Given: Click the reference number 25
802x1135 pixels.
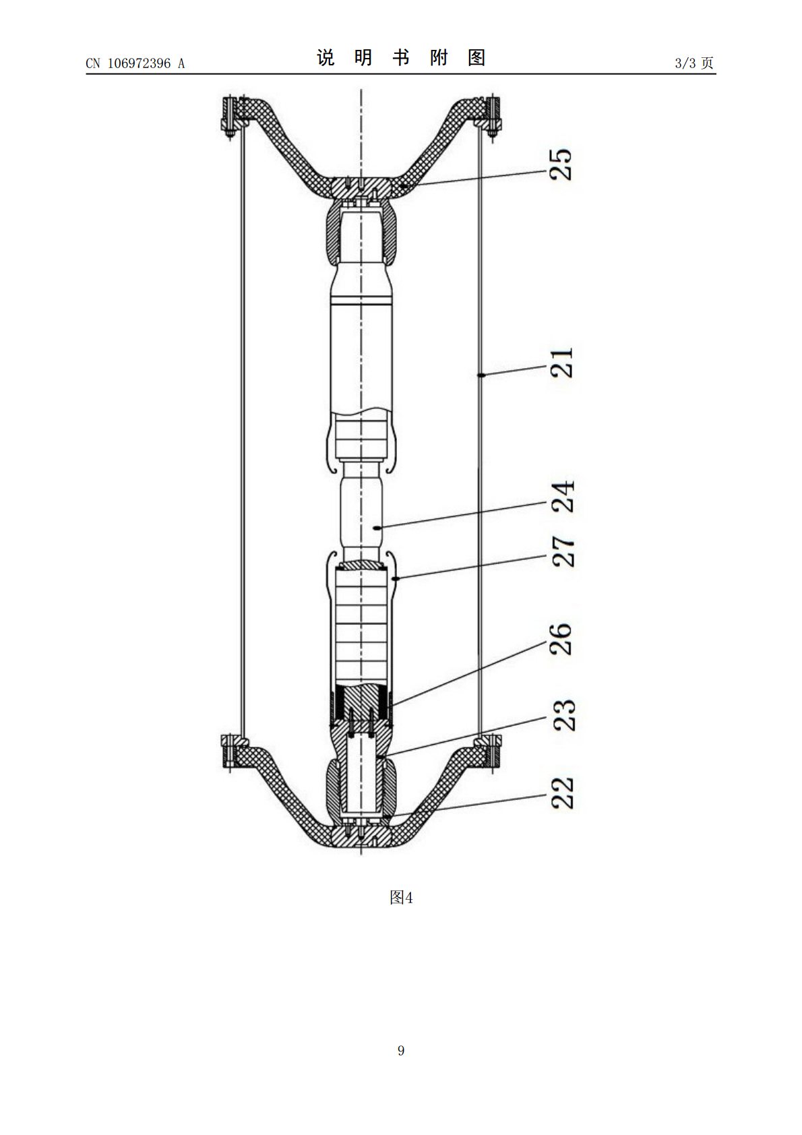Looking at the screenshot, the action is tap(561, 164).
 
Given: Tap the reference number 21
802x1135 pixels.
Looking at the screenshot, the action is tap(561, 363).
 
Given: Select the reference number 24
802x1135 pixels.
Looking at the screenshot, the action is tap(562, 497).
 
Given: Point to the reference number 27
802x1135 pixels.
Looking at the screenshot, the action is tap(562, 551).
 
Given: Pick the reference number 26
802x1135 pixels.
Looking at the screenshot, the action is tap(561, 639).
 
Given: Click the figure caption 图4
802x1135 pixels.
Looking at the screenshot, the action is tap(401, 897).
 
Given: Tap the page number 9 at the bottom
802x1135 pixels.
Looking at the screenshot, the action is tap(401, 1050).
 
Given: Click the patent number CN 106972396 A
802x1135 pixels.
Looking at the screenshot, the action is tap(135, 63).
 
